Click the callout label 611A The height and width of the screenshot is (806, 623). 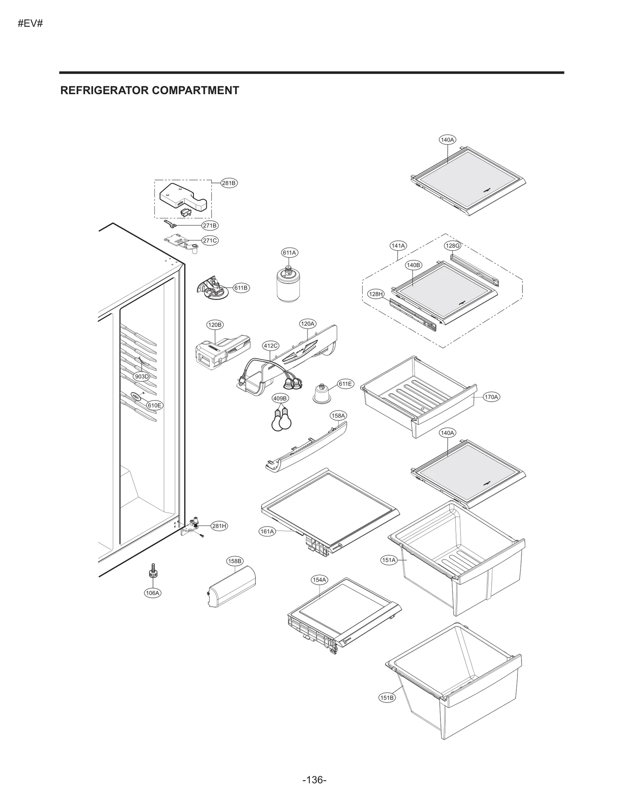289,253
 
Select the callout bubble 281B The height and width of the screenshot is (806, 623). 229,183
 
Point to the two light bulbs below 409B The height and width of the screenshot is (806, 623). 282,420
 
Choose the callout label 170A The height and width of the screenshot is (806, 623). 491,397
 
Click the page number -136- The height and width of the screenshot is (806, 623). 314,769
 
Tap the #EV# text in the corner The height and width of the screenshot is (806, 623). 30,23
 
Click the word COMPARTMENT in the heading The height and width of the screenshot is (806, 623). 195,90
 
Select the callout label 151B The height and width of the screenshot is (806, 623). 387,698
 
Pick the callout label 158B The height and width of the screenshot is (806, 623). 235,561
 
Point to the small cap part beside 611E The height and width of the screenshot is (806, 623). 322,394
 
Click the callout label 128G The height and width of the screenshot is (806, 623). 452,246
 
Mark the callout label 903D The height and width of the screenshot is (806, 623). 141,376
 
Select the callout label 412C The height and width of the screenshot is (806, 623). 271,346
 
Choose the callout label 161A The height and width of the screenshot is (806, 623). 267,531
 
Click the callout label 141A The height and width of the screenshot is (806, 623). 398,246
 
